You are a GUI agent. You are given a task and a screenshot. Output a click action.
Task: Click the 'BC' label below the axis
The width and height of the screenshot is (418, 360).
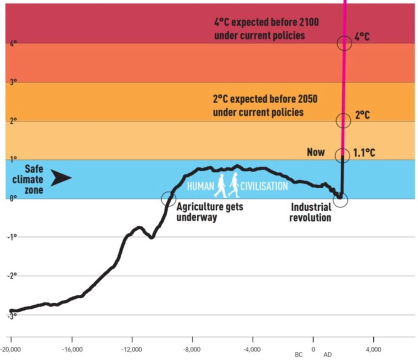point(298,355)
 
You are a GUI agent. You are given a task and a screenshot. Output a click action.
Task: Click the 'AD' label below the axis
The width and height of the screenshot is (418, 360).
point(328,355)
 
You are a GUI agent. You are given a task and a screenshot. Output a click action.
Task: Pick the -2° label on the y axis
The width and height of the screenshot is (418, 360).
point(13,276)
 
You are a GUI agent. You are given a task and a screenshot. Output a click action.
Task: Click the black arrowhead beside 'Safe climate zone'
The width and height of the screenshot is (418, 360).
point(61,178)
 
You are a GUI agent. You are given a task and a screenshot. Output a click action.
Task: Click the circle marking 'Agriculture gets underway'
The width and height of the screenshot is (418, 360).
point(168,198)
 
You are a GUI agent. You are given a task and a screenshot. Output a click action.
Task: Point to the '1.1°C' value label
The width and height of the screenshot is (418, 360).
point(364,153)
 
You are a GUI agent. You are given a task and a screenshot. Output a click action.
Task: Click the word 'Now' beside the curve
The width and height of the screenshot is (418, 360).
point(316,152)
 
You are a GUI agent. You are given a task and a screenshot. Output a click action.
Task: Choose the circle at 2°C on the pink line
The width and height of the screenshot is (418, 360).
point(343,120)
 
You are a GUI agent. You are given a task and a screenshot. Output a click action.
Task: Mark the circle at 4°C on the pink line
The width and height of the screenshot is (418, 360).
point(344,43)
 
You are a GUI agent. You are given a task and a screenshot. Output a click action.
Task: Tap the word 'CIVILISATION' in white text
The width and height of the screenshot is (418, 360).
point(264,186)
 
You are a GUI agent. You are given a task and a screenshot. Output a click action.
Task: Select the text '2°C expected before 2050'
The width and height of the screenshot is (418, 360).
point(265,100)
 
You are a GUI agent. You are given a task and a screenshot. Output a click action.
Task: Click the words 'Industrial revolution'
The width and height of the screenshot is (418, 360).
point(311,212)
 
